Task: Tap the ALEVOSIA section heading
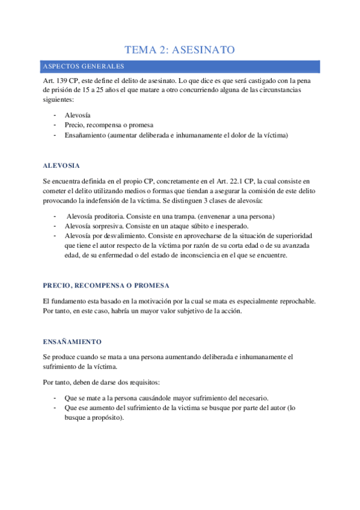[x=61, y=165]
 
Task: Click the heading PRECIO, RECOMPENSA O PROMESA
[x=106, y=284]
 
